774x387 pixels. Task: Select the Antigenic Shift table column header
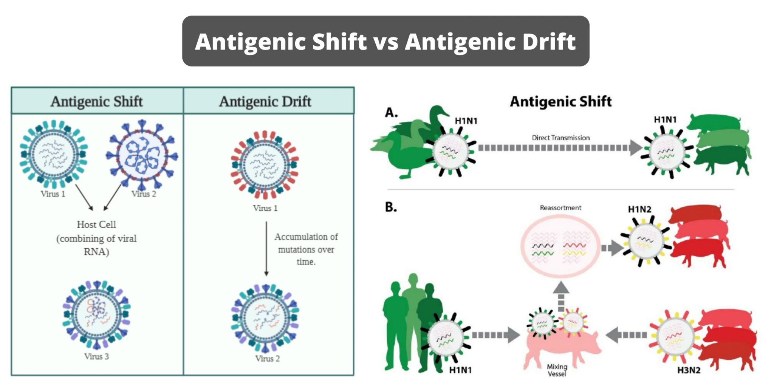click(97, 101)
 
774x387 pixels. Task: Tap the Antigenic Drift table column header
click(265, 101)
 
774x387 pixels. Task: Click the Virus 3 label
click(96, 356)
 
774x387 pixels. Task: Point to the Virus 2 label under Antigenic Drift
click(268, 359)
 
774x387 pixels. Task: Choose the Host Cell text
click(96, 224)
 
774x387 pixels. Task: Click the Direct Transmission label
click(560, 138)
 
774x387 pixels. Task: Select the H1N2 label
click(639, 209)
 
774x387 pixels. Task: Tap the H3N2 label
click(689, 370)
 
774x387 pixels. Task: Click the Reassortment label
click(560, 208)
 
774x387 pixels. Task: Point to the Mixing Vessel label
click(557, 370)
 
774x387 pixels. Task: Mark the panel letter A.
click(391, 113)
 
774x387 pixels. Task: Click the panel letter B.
click(391, 207)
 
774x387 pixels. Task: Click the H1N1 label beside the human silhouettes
click(460, 370)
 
